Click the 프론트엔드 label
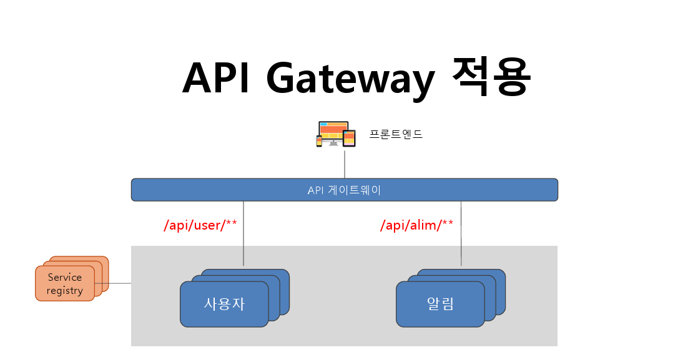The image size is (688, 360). (x=396, y=134)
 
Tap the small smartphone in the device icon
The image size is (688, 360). (x=319, y=142)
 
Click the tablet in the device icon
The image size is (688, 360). (x=349, y=138)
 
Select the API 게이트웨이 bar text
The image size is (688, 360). (x=344, y=190)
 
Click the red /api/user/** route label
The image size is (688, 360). (x=200, y=225)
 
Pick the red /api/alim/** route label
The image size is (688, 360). (x=416, y=225)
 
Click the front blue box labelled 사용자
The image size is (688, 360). (x=224, y=304)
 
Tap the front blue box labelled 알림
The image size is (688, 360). (x=440, y=304)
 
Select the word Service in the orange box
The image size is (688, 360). (x=65, y=277)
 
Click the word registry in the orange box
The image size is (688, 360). (x=65, y=290)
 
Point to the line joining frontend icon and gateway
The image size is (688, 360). (x=344, y=163)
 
